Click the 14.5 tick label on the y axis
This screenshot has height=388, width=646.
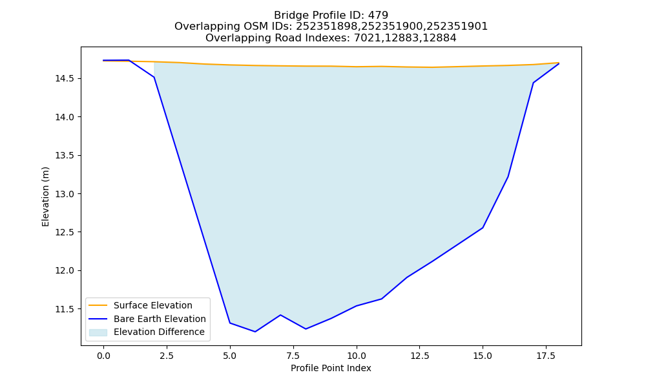tap(65, 79)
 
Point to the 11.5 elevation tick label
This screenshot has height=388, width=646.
tap(65, 309)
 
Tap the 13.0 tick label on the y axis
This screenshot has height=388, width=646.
tap(65, 194)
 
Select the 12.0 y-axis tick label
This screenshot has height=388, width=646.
tap(65, 270)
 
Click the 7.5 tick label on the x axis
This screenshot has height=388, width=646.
tap(293, 356)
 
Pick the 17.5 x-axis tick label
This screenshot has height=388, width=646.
tap(546, 356)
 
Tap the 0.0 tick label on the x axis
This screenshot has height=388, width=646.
tap(103, 356)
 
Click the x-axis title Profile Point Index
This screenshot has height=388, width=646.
tap(331, 368)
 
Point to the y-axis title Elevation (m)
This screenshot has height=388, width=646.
tap(45, 197)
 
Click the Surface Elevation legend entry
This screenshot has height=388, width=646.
tap(153, 305)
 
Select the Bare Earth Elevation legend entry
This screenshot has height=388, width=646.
tap(160, 319)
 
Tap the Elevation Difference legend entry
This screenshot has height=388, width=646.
tap(159, 332)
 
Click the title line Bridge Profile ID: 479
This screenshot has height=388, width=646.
tap(331, 16)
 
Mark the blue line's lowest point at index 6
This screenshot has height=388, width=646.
tap(255, 332)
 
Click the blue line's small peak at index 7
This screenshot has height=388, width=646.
tap(280, 315)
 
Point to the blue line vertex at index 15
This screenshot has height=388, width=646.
tap(483, 228)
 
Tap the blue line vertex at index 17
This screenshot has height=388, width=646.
tap(533, 83)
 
